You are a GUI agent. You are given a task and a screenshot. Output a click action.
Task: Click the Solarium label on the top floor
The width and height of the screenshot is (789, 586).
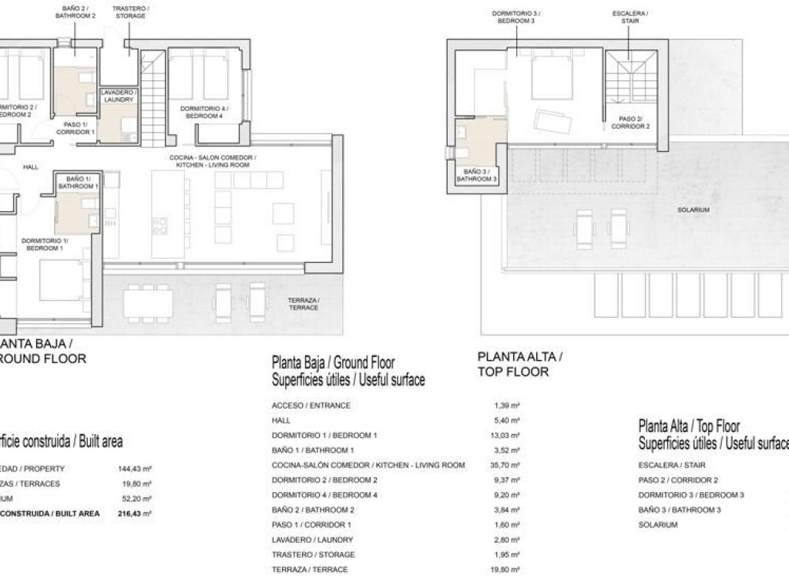click(x=693, y=209)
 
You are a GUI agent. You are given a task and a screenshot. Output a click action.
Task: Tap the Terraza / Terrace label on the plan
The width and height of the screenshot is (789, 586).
click(x=303, y=303)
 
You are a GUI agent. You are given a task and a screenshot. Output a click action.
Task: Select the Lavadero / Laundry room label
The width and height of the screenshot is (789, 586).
click(x=118, y=96)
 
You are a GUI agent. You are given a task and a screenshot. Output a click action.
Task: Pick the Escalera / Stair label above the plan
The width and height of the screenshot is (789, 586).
click(x=630, y=18)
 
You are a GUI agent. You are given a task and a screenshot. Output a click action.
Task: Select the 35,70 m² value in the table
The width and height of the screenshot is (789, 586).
click(x=505, y=465)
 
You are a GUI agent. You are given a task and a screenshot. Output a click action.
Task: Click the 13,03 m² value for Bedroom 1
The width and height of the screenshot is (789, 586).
click(x=505, y=435)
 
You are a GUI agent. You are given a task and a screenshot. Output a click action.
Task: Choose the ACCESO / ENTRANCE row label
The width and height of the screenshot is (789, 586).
click(x=311, y=406)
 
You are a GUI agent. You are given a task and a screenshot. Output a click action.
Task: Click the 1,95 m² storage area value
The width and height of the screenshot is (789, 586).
click(x=505, y=554)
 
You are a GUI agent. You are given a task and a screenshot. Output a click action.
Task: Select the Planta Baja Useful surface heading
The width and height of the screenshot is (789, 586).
click(x=348, y=371)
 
